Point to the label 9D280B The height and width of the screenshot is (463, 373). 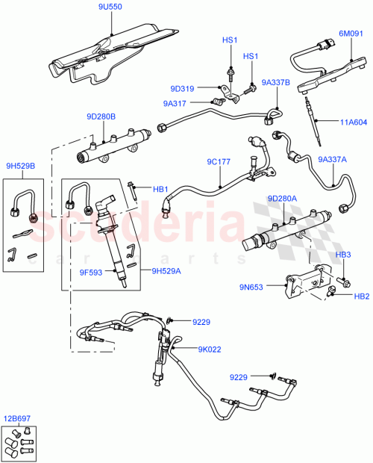(101, 116)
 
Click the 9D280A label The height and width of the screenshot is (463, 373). (282, 199)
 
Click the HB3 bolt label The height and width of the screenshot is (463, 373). (344, 255)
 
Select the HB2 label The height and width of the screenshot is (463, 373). (361, 296)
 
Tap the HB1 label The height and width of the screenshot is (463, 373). (161, 190)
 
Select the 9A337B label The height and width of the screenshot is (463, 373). (275, 83)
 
